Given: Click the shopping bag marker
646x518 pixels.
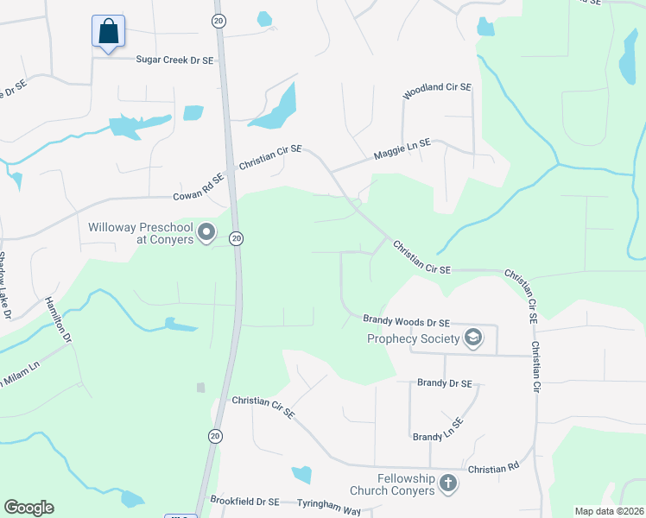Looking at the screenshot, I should pyautogui.click(x=108, y=32).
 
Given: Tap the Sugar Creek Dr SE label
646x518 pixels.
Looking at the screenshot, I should pyautogui.click(x=174, y=60).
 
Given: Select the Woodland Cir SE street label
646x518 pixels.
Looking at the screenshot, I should pyautogui.click(x=436, y=87).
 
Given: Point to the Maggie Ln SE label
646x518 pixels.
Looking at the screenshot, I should pyautogui.click(x=402, y=154).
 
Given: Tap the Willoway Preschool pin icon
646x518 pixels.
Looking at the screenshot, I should pyautogui.click(x=206, y=233).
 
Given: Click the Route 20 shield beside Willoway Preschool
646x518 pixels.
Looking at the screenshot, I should pyautogui.click(x=236, y=237).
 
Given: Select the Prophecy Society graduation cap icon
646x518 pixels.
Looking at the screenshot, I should pyautogui.click(x=472, y=338).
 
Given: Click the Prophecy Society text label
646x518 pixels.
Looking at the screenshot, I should pyautogui.click(x=413, y=338).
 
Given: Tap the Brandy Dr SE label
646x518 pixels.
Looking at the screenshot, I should pyautogui.click(x=445, y=382).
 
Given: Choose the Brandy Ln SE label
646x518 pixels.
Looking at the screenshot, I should pyautogui.click(x=437, y=429).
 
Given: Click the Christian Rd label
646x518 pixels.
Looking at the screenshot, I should pyautogui.click(x=494, y=467).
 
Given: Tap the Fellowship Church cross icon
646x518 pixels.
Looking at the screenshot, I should pyautogui.click(x=447, y=483).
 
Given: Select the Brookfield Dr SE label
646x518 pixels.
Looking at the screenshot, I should pyautogui.click(x=244, y=501).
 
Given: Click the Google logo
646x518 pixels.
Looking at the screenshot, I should pyautogui.click(x=28, y=508).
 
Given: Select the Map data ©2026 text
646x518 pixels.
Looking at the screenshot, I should pyautogui.click(x=608, y=511).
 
